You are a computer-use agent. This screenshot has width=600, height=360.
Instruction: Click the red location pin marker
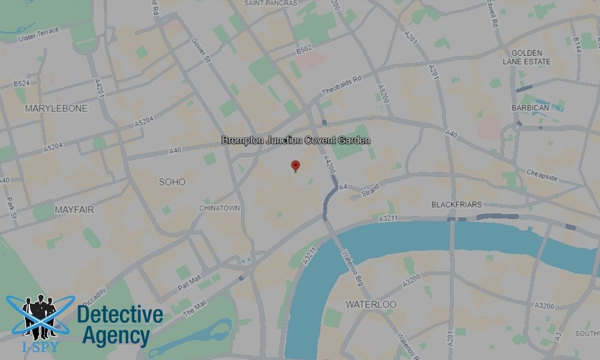coord(295,166)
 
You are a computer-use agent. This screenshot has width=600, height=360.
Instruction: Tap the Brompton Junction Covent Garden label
coord(296,140)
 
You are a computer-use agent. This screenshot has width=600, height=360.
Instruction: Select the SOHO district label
coord(172,182)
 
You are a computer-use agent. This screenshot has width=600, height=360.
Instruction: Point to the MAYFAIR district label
coord(75,210)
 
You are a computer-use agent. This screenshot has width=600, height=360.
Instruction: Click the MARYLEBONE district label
coord(56,109)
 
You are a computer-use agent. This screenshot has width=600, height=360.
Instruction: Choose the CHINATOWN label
coord(220,208)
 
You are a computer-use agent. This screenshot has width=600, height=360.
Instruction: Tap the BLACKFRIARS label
coord(457,205)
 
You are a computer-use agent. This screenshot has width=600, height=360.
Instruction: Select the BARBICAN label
coord(530,108)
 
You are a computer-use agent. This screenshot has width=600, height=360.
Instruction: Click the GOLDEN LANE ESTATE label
coord(526,57)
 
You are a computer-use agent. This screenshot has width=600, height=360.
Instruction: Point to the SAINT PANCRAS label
coord(271,3)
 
